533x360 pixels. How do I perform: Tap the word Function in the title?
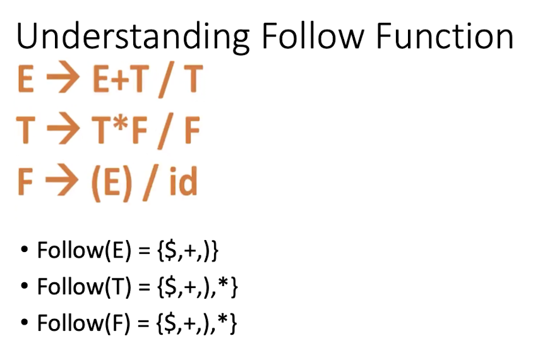click(445, 36)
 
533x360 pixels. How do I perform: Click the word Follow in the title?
click(313, 36)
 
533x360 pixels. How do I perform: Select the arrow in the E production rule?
click(63, 78)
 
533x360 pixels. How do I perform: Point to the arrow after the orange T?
click(64, 130)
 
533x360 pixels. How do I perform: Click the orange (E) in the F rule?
click(112, 184)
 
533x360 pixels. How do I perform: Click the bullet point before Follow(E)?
click(24, 249)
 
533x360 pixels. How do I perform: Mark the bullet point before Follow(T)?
click(24, 285)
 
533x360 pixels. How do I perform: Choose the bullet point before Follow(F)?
click(24, 322)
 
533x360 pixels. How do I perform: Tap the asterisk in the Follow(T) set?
click(224, 282)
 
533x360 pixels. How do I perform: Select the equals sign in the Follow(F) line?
click(144, 323)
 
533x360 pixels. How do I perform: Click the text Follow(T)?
click(84, 287)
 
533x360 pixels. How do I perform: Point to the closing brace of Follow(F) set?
click(233, 323)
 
